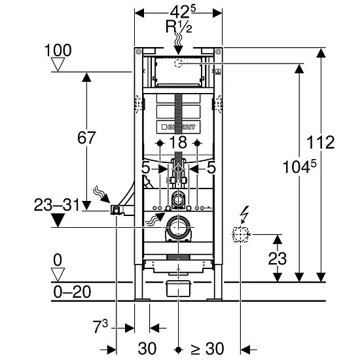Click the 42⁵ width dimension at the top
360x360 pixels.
pos(183,12)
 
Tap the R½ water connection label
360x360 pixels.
pos(179,26)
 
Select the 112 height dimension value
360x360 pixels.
pos(321,143)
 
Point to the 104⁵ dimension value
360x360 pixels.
pos(299,166)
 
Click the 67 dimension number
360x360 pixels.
pos(86,137)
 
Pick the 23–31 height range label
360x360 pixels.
pos(57,205)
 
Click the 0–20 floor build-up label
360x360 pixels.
pos(72,292)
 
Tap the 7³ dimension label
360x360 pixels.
pos(100,327)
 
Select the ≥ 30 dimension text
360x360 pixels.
pos(207,349)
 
